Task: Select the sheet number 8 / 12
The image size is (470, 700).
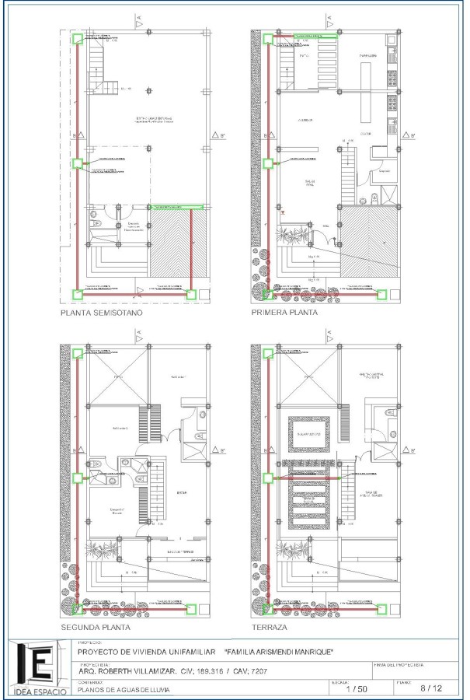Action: [x=430, y=688]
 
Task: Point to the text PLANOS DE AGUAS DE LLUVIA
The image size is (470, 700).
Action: [x=125, y=689]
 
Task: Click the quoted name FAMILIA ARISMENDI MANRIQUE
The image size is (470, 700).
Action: [x=278, y=652]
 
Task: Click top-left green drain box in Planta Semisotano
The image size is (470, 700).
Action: [x=77, y=40]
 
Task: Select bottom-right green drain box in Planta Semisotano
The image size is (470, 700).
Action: [x=191, y=295]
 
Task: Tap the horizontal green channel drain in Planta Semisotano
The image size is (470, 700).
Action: [x=178, y=207]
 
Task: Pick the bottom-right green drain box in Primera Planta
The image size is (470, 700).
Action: [x=381, y=295]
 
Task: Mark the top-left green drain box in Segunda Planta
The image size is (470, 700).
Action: [x=77, y=353]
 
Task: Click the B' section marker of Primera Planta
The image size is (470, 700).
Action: [x=411, y=137]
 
